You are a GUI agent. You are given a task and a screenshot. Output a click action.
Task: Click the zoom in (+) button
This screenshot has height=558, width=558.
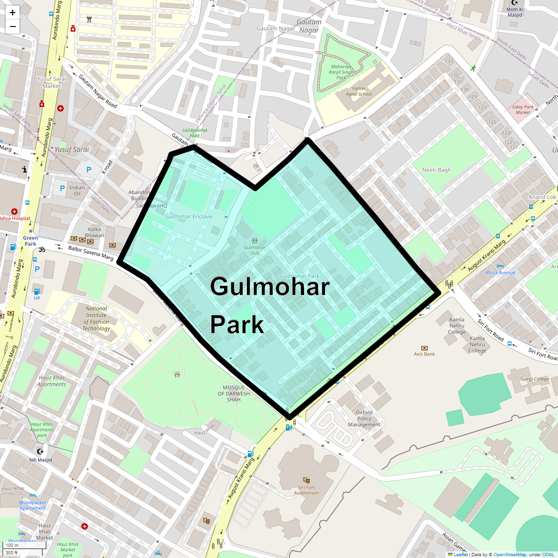[13, 13]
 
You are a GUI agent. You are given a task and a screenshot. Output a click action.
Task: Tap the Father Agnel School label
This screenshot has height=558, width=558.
[359, 91]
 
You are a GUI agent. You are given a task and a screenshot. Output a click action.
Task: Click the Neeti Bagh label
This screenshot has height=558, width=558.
[436, 170]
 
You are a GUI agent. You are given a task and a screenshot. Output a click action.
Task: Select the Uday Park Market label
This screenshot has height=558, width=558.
[523, 109]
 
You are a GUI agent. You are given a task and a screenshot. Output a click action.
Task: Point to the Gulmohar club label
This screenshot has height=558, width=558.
[254, 250]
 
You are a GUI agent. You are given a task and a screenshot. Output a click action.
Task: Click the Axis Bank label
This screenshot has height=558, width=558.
[424, 354]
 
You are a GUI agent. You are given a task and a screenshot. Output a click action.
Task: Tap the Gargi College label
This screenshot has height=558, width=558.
[535, 379]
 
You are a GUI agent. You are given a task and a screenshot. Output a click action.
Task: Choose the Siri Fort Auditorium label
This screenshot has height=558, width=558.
[306, 490]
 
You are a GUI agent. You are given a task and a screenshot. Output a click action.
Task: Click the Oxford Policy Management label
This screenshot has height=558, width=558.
[364, 418]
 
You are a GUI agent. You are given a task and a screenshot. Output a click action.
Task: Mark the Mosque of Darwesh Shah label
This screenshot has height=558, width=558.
[233, 393]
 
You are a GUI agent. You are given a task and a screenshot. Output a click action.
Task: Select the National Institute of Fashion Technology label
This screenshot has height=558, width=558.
[96, 319]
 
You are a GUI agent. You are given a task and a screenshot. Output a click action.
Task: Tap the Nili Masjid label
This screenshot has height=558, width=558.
[40, 460]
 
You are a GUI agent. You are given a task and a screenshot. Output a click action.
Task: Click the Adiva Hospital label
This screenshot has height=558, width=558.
[14, 218]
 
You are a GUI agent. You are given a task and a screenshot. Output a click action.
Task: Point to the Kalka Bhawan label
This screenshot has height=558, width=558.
[94, 232]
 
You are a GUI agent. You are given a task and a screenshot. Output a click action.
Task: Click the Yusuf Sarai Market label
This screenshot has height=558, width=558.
[52, 82]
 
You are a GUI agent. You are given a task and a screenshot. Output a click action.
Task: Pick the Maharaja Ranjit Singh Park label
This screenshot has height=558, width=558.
[341, 72]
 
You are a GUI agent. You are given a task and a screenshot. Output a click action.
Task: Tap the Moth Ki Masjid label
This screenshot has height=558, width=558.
[515, 12]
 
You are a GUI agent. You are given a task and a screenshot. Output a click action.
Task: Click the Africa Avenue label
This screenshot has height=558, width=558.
[500, 272]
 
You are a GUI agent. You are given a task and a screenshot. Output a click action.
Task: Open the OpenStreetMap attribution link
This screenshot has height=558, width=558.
[510, 554]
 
